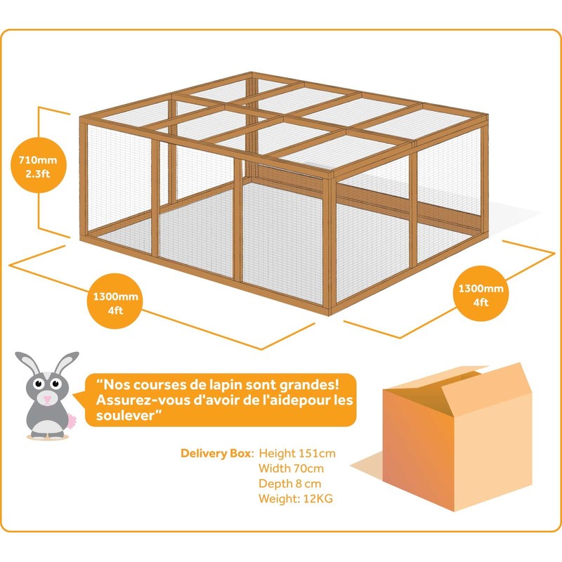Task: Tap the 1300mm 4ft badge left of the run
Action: [109, 303]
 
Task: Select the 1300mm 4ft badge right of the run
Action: [481, 295]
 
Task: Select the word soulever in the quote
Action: [117, 414]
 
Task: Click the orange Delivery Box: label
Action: [218, 452]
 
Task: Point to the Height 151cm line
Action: [296, 452]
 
